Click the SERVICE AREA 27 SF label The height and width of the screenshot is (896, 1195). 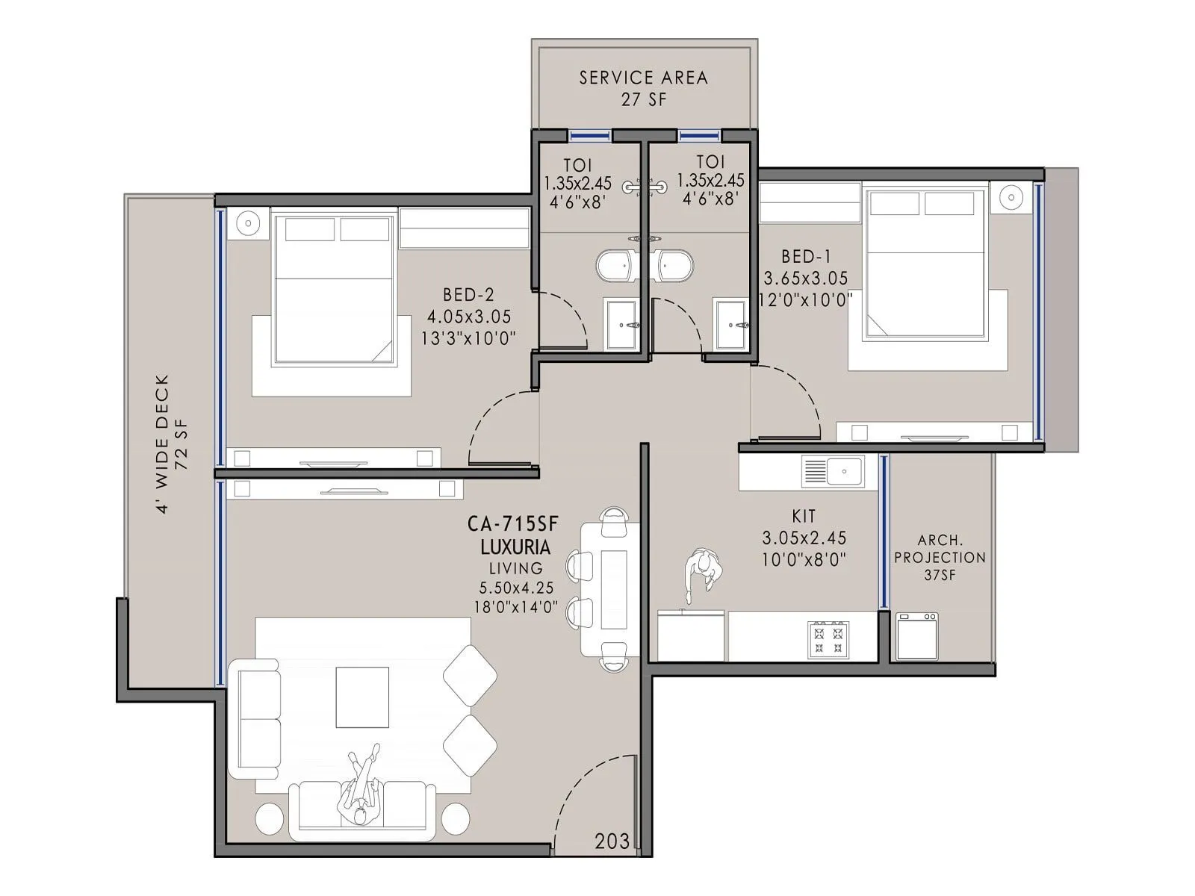[x=643, y=87]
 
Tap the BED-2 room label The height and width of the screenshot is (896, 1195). [x=468, y=295]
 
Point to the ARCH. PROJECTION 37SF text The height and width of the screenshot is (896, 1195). [x=940, y=557]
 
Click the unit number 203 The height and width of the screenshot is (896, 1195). [x=612, y=841]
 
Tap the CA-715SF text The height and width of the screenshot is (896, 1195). [x=513, y=524]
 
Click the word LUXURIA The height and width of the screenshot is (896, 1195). [x=515, y=547]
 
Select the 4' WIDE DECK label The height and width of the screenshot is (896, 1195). [x=164, y=444]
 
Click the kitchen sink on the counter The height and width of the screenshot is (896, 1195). [x=833, y=472]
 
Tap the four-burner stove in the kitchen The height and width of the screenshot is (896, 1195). [x=828, y=640]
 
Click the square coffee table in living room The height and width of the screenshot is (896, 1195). [x=362, y=697]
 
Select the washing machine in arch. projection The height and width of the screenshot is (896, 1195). [x=917, y=636]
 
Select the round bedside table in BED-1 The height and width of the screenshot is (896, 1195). [x=1011, y=197]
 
